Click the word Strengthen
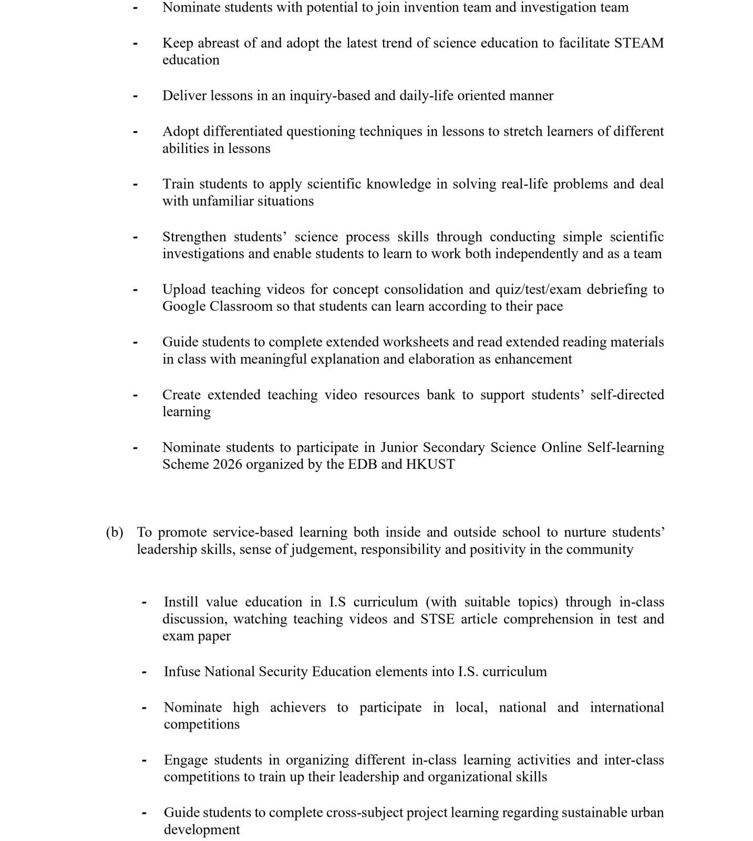pyautogui.click(x=194, y=237)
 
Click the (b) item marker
pyautogui.click(x=115, y=532)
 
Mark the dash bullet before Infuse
pyautogui.click(x=143, y=672)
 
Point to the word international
pyautogui.click(x=627, y=707)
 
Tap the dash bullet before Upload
pyautogui.click(x=136, y=290)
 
